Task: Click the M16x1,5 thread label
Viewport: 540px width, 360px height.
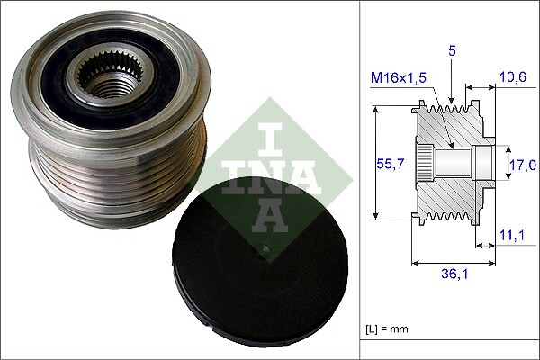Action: (x=400, y=80)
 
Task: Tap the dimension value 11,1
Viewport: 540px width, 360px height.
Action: (x=511, y=234)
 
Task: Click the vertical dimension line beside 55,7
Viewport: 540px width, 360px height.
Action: (x=375, y=164)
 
